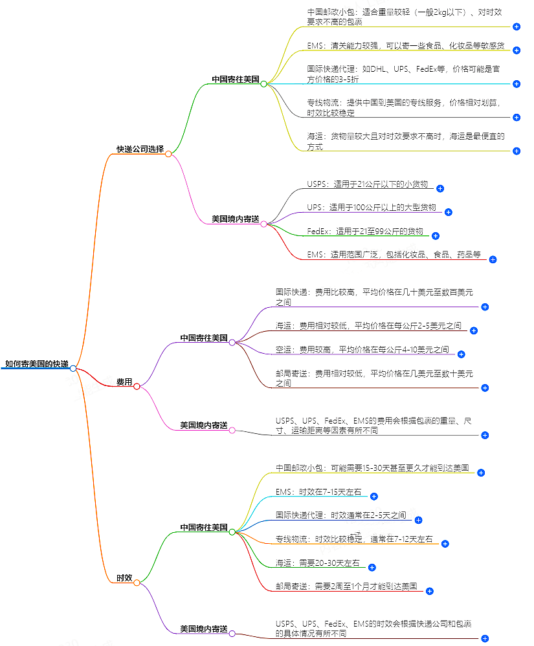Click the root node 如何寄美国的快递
(x=36, y=364)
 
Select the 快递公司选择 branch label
(x=140, y=149)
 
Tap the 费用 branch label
(x=124, y=382)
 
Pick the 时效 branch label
(x=124, y=577)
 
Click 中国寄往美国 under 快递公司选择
(x=235, y=80)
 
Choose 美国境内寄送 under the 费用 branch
(x=203, y=425)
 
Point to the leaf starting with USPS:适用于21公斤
(x=367, y=184)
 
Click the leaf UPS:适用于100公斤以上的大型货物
(x=372, y=208)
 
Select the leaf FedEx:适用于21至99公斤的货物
(x=364, y=231)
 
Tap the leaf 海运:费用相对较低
(x=368, y=326)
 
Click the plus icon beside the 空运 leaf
(x=462, y=354)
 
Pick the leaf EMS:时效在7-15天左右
(x=318, y=492)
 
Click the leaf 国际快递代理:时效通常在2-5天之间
(x=340, y=515)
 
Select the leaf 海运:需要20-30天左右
(x=317, y=563)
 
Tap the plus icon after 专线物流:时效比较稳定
(x=445, y=544)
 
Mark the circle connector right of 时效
(x=137, y=583)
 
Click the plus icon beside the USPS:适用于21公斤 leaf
(x=440, y=189)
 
